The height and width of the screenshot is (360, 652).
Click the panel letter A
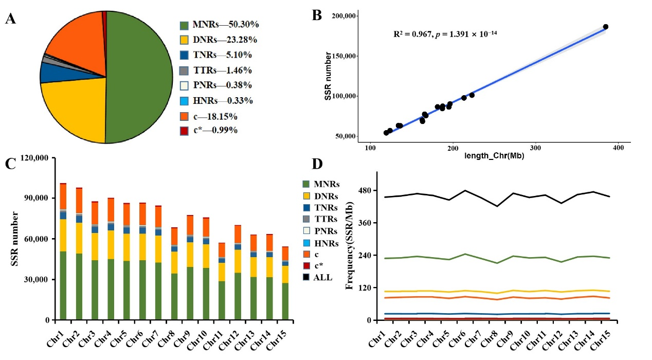[11, 19]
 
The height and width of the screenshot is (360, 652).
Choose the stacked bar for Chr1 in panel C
[63, 251]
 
